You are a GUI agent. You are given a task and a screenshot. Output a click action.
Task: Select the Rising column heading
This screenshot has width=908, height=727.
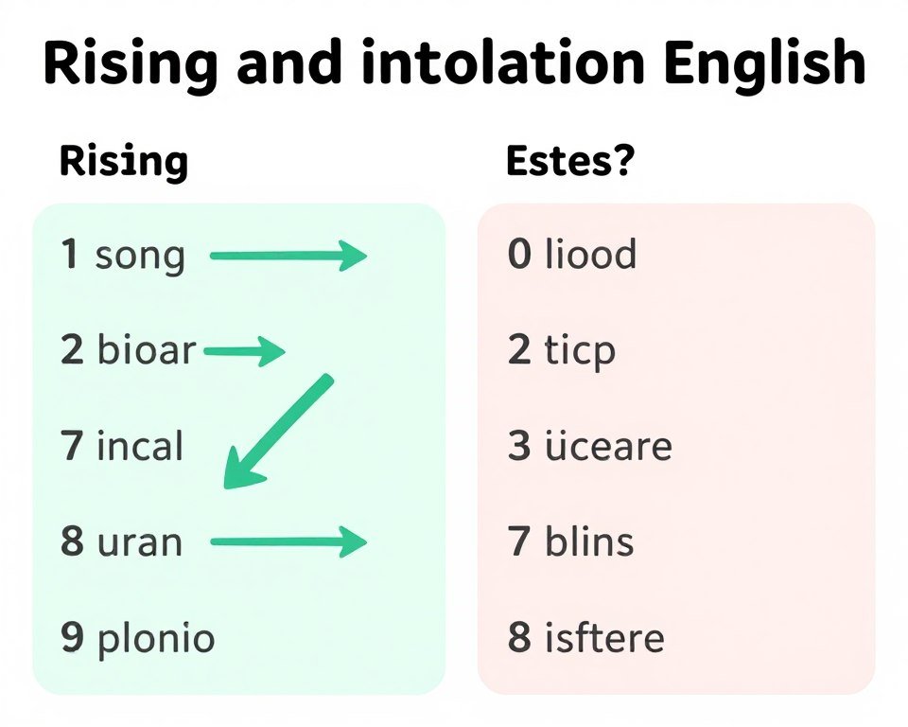pos(123,162)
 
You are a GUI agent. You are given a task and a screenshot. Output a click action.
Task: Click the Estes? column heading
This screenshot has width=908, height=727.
pos(569,162)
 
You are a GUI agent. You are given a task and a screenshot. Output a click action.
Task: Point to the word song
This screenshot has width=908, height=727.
pos(140,257)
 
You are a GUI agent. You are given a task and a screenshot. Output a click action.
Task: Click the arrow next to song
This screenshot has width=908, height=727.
pos(288,256)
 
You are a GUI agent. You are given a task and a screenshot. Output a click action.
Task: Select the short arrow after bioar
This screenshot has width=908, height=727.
pos(243,353)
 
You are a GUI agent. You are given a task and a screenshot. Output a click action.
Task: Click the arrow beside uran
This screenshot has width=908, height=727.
pos(288,542)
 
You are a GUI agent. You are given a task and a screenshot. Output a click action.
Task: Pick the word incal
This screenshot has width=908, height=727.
pos(139,446)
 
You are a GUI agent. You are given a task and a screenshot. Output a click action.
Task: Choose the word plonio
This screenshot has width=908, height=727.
pos(155,639)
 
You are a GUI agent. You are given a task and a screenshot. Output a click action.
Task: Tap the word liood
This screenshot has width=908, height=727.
pos(590,256)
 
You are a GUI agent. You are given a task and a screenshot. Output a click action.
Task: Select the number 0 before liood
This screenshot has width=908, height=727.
pos(519,256)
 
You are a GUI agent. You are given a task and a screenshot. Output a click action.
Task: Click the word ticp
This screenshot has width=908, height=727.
pos(580,352)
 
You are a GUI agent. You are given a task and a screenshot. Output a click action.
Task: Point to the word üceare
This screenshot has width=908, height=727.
pos(607,446)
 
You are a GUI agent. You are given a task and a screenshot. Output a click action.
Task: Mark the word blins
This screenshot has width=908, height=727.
pos(589,542)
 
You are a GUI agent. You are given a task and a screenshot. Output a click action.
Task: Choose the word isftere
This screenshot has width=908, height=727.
pos(604,638)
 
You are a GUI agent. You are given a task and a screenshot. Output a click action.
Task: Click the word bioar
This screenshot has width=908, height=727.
pos(146,352)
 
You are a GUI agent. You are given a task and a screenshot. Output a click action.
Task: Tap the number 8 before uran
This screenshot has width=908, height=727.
pos(72,542)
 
